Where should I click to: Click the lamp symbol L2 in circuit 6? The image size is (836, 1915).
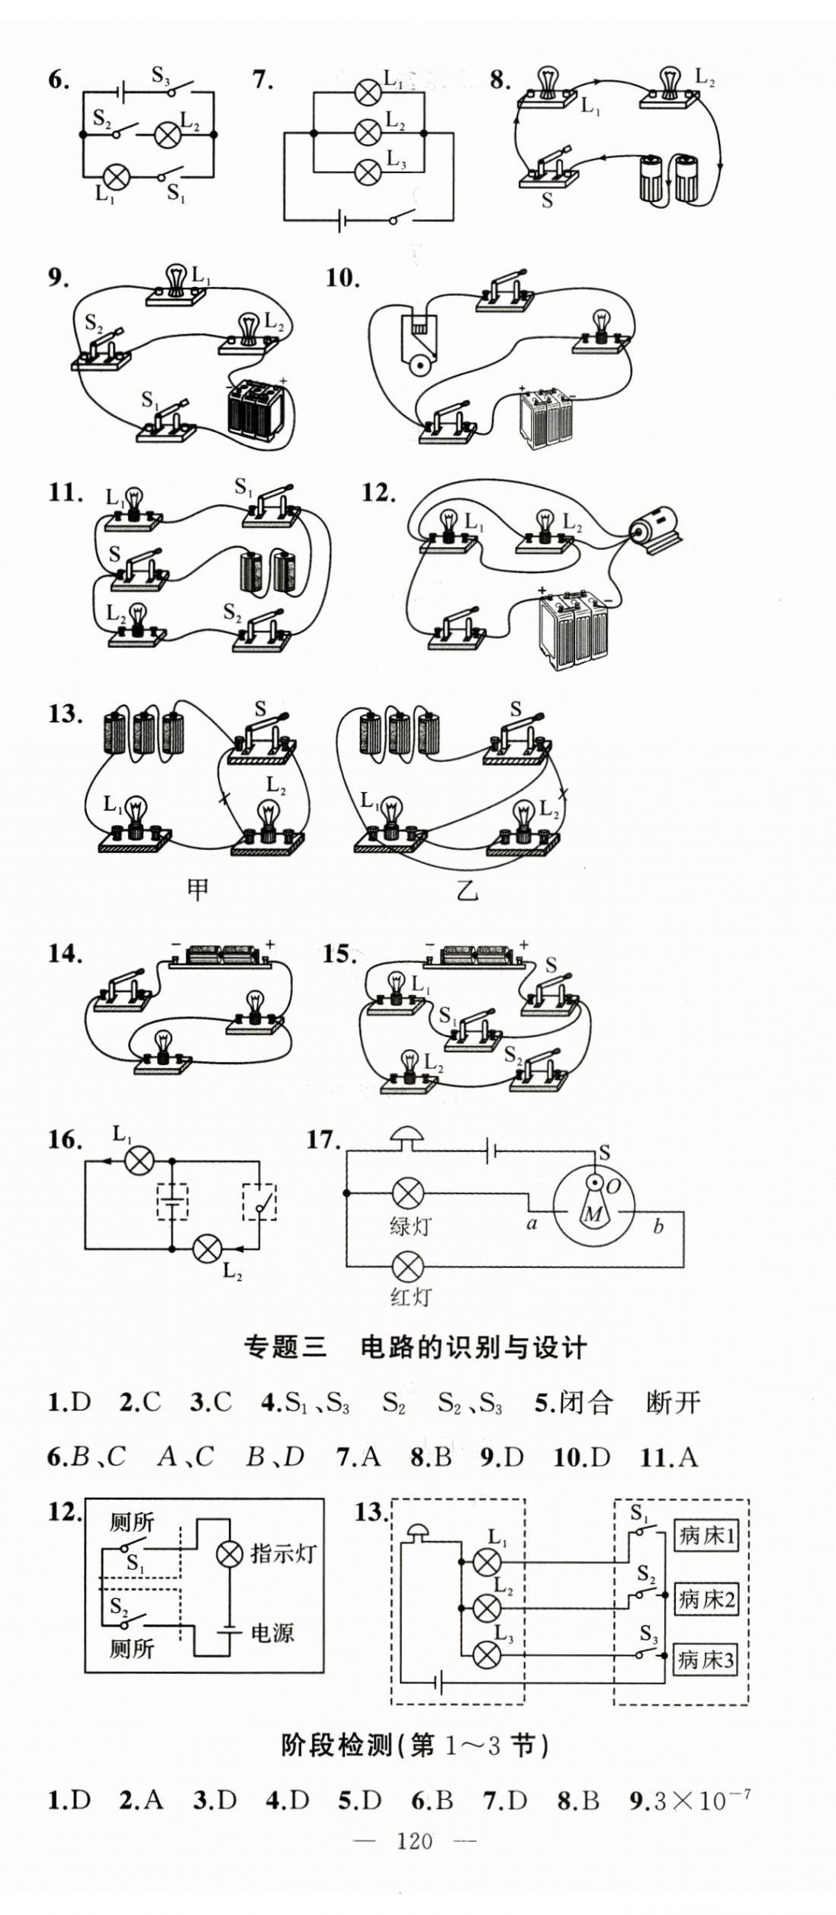coord(167,135)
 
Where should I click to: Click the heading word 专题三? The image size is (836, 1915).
coord(285,1347)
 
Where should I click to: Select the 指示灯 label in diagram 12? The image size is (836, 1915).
coord(282,1553)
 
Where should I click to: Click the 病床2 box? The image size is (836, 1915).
coord(706,1598)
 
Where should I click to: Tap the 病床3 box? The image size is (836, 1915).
coord(706,1659)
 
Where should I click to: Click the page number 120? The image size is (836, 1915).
coord(415,1841)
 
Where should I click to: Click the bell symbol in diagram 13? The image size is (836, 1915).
coord(416,1531)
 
